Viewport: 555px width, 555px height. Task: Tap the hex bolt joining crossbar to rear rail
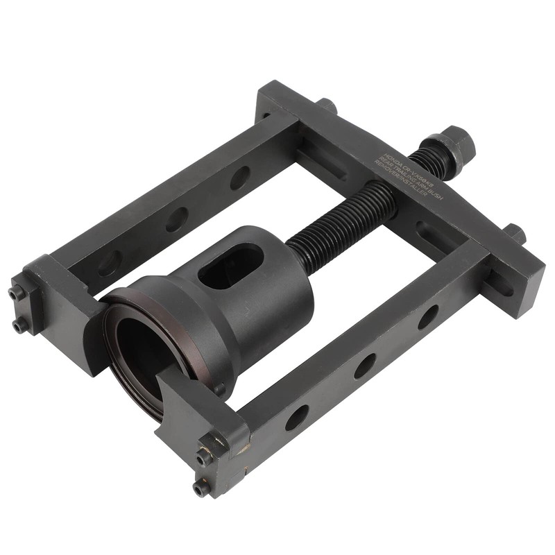click(327, 106)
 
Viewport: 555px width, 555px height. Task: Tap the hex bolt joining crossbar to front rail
click(514, 233)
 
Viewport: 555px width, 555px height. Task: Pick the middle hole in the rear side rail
click(176, 219)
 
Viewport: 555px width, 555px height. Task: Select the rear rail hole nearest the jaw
click(110, 263)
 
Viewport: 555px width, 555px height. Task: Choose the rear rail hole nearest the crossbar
click(239, 178)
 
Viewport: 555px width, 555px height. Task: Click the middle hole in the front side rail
click(364, 365)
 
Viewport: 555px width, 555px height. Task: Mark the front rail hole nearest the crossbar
click(427, 316)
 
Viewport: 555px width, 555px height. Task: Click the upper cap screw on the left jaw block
click(17, 293)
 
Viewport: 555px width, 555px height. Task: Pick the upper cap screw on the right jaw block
click(203, 456)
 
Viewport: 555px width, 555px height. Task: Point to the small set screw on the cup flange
click(219, 389)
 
